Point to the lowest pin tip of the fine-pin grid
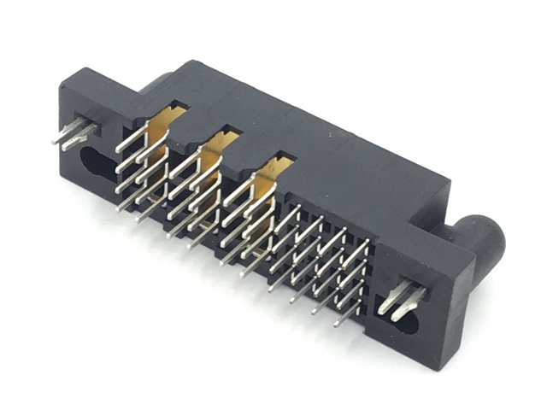[x=337, y=325]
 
